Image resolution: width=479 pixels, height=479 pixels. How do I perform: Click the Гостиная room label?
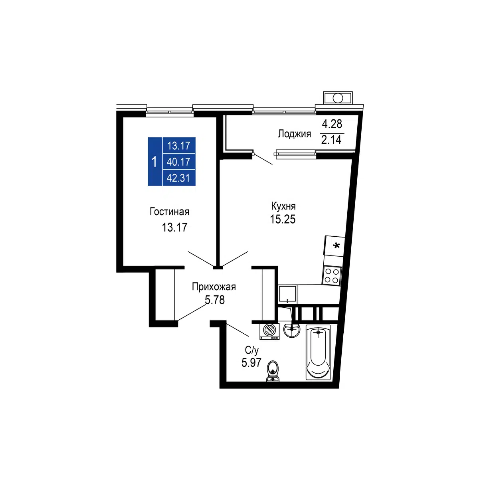[169, 212]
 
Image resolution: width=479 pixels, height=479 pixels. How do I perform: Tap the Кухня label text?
[283, 206]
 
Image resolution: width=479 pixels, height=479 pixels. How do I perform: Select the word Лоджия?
[294, 134]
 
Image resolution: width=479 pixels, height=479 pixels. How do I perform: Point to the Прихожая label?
[214, 287]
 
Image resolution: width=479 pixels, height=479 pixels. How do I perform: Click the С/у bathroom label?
[251, 350]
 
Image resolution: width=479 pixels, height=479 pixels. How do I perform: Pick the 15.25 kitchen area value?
[283, 219]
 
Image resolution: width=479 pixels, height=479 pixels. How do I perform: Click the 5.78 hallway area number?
[214, 300]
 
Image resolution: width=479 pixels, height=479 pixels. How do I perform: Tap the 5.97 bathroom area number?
[251, 362]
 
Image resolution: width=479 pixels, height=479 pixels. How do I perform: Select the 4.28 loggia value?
[332, 124]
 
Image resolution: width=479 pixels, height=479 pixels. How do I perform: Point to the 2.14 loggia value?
[331, 140]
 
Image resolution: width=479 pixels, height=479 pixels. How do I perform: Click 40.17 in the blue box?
[178, 162]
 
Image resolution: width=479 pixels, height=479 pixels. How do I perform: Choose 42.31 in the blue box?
[178, 178]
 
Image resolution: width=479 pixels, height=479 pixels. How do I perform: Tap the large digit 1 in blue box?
[154, 162]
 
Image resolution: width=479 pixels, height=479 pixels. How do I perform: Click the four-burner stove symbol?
[332, 276]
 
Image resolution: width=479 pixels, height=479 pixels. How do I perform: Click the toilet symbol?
[273, 371]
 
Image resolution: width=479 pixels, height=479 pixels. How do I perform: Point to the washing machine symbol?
[269, 331]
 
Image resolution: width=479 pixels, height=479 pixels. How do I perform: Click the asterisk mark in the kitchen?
[336, 246]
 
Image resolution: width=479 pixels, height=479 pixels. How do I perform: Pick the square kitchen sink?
[287, 294]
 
